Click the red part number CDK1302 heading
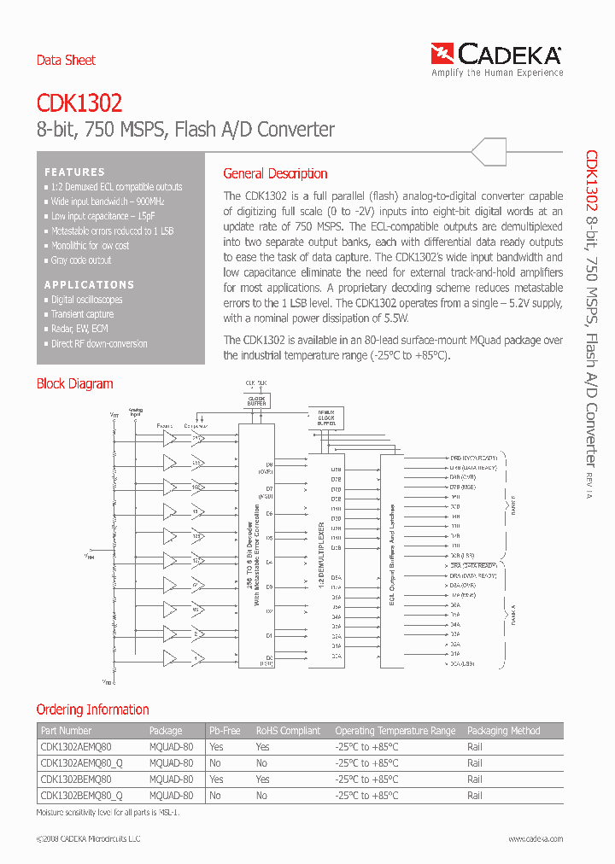[x=79, y=103]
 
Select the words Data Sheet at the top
[x=66, y=61]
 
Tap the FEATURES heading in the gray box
[x=74, y=172]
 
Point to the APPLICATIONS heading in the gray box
[x=89, y=284]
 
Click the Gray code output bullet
[x=80, y=260]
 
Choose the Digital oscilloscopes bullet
[x=86, y=300]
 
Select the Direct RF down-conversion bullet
[x=98, y=344]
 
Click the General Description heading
[x=275, y=173]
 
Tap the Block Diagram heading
[x=74, y=384]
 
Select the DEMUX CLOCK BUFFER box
[x=326, y=417]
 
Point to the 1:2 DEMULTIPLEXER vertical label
[x=322, y=552]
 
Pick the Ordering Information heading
[x=92, y=709]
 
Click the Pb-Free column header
[x=225, y=731]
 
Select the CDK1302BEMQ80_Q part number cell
[x=82, y=796]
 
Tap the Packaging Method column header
[x=503, y=731]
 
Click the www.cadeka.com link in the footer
[x=536, y=839]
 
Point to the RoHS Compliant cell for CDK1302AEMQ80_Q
[x=261, y=763]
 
